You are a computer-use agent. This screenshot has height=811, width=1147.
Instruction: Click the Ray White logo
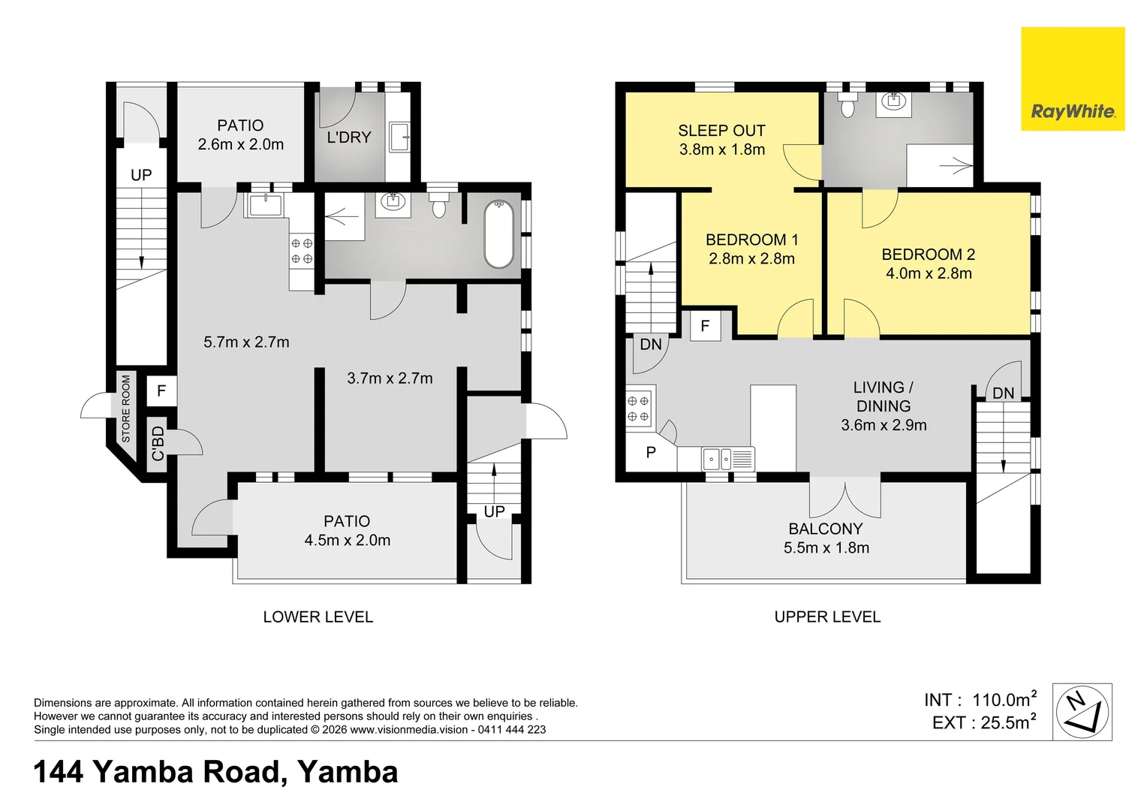pos(1073,79)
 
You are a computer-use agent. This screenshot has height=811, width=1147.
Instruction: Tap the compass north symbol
pos(1082,712)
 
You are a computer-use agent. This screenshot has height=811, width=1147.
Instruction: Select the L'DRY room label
pos(349,137)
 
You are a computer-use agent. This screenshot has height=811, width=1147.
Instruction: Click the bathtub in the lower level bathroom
pos(498,234)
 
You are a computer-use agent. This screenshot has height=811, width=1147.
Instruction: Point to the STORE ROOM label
pos(126,409)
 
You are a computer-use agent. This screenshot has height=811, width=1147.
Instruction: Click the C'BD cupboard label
pos(158,444)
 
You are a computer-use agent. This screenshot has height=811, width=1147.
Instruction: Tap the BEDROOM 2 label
pos(929,254)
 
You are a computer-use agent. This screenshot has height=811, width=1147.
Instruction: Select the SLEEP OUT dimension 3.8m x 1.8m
pos(722,149)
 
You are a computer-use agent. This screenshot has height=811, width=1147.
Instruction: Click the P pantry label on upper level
pos(651,452)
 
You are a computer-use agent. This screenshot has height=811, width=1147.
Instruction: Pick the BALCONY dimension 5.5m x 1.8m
pos(826,547)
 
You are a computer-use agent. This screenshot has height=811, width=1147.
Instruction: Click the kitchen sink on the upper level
pos(728,459)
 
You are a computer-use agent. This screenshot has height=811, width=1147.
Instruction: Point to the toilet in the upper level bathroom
pos(847,105)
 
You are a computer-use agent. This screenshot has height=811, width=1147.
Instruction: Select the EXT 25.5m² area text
pos(983,722)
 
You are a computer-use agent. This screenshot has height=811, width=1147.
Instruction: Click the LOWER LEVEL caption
pos(318,617)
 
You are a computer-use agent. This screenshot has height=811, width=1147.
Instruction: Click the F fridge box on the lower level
pos(161,391)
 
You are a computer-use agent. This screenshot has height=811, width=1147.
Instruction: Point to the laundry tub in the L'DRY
pos(400,137)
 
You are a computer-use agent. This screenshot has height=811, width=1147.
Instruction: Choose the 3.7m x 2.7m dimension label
pos(390,378)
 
